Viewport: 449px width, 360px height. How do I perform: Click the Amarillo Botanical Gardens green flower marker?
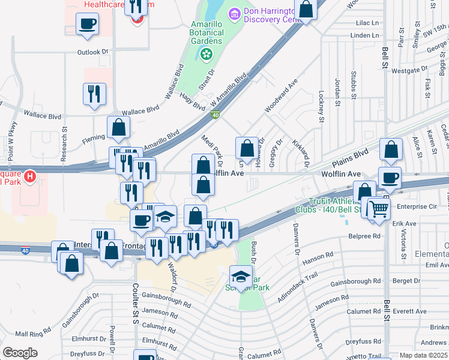point(206,55)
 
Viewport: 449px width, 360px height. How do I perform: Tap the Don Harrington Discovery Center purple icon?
point(234,13)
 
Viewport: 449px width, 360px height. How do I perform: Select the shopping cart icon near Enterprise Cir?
point(379,209)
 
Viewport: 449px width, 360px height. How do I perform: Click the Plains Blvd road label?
point(349,157)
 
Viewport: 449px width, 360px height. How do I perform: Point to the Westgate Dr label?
point(409,70)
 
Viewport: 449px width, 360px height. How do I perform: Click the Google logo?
point(20,353)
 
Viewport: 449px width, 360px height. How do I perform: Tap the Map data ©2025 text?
point(424,355)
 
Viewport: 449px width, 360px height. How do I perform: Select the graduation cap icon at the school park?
point(241,277)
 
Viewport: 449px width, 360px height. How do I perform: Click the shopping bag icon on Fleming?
point(119,127)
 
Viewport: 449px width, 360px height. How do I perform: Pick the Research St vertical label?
point(64,143)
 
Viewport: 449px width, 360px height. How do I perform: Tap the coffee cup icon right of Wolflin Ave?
point(390,178)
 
